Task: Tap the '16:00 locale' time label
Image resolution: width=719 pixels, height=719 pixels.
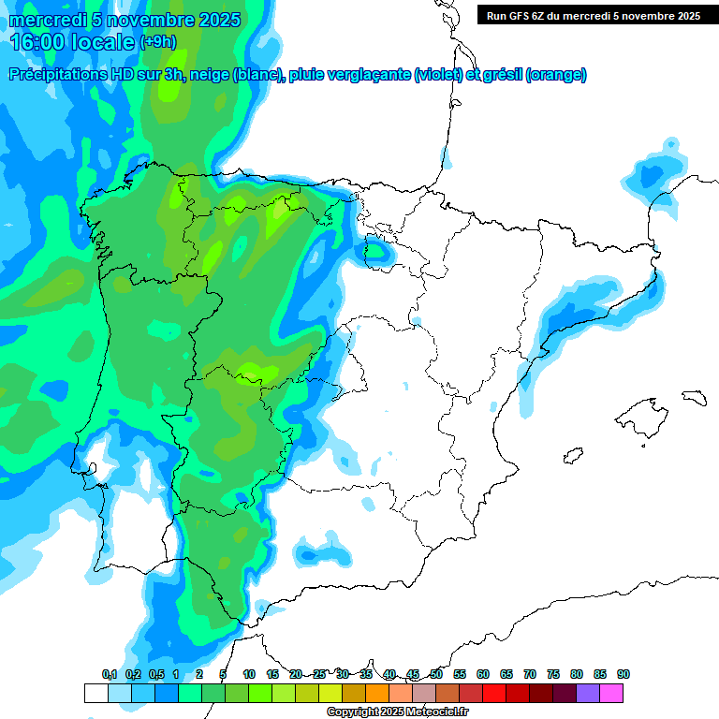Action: pyautogui.click(x=71, y=42)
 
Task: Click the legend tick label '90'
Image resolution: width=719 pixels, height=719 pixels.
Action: pyautogui.click(x=624, y=674)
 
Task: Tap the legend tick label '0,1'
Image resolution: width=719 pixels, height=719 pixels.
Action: pyautogui.click(x=110, y=674)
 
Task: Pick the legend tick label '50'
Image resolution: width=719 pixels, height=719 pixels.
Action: pyautogui.click(x=436, y=674)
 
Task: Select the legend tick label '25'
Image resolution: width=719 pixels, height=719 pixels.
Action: pyautogui.click(x=319, y=674)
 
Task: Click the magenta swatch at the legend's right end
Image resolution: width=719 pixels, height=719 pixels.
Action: pyautogui.click(x=611, y=693)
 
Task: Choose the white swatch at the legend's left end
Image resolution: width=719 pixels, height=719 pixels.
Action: pyautogui.click(x=95, y=693)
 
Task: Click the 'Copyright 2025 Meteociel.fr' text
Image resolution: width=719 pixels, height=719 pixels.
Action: pyautogui.click(x=398, y=712)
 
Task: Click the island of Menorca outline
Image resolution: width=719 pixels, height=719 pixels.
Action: pyautogui.click(x=692, y=397)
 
